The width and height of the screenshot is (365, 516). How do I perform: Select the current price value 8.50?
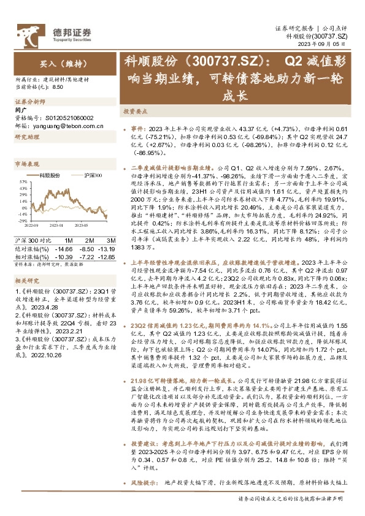tap(58, 87)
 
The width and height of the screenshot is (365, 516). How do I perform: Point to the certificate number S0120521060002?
tap(68, 117)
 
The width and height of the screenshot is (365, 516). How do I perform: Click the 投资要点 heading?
tap(134, 112)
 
